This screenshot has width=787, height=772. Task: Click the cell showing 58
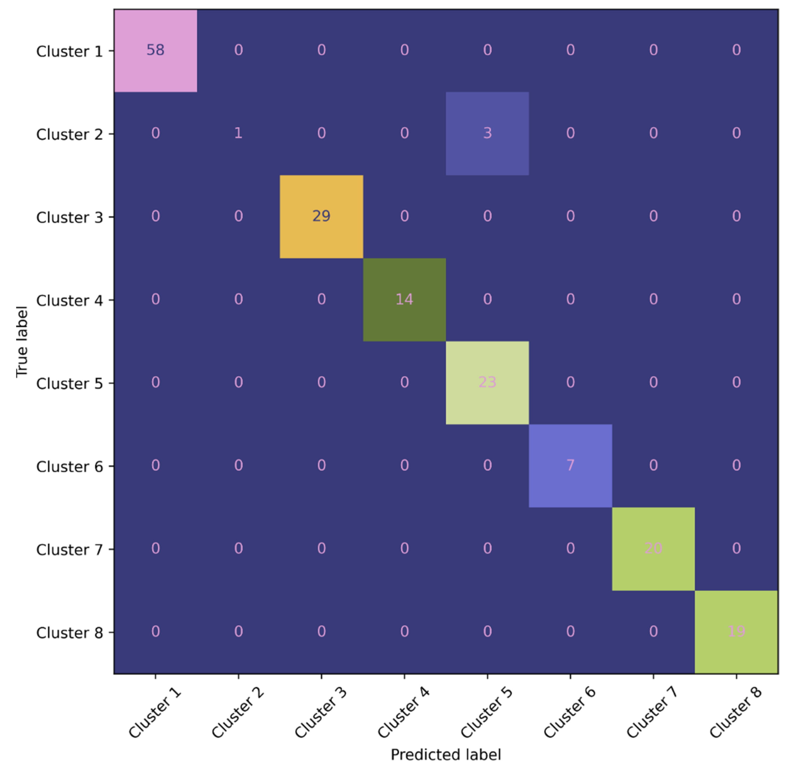(x=155, y=50)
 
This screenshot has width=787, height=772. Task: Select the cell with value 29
(x=321, y=216)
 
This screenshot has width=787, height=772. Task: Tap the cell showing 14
(x=404, y=299)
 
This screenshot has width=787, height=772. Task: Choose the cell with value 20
(x=653, y=548)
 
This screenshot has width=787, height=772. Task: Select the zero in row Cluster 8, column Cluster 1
(x=155, y=631)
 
